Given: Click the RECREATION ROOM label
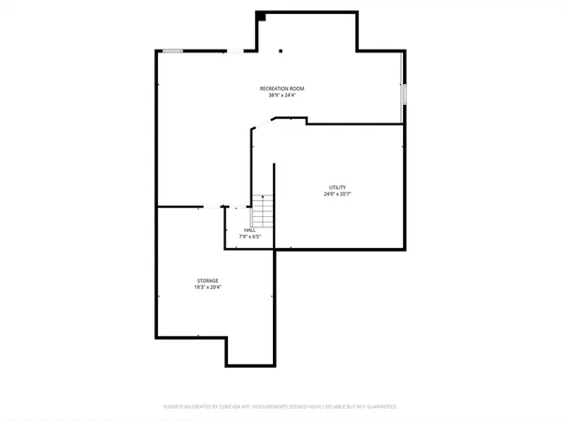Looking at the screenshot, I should (x=281, y=89).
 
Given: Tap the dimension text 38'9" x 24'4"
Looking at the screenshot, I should (x=281, y=95).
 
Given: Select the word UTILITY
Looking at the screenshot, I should (x=337, y=188).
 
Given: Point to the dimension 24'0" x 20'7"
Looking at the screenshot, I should (x=337, y=195).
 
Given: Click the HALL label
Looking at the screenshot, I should (x=250, y=230).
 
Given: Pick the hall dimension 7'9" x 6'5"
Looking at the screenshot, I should (x=250, y=237).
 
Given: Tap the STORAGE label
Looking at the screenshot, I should (x=208, y=281).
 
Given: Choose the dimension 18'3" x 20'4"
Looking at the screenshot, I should (x=208, y=287).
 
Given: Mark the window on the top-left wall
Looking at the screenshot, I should (x=171, y=51).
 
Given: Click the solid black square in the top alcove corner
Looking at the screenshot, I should (x=262, y=16).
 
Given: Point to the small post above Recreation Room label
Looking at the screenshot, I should (x=282, y=51).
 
